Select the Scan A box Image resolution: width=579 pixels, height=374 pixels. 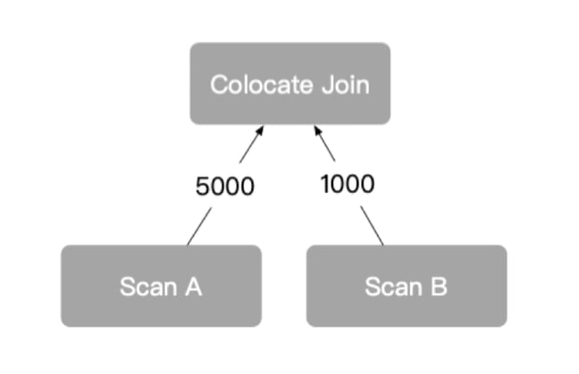pos(161,286)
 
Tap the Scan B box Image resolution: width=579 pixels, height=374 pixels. pos(407,286)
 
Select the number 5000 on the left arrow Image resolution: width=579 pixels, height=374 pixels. pos(225,187)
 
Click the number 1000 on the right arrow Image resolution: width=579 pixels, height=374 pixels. pos(347,184)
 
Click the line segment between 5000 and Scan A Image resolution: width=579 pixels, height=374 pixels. pos(199,225)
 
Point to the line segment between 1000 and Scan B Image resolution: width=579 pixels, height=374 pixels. pos(372,224)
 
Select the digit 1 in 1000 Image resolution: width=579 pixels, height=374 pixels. pos(325,184)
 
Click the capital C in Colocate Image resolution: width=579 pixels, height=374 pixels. pos(219,86)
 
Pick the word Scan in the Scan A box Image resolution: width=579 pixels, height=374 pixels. pos(148,287)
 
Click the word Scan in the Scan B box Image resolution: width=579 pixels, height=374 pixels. pos(393,287)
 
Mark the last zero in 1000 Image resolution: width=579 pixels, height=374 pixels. pos(367,184)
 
